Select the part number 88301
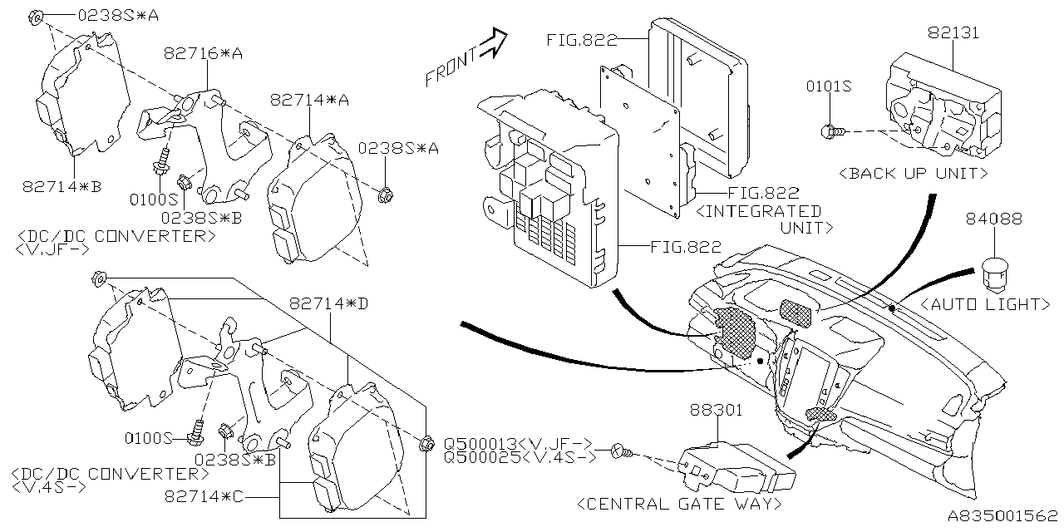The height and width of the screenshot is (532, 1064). [716, 411]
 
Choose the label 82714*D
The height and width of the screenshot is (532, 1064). [328, 303]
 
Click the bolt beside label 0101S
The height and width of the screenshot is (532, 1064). [832, 131]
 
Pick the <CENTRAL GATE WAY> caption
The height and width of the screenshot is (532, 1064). [678, 504]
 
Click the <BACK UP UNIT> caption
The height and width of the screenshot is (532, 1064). [913, 174]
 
